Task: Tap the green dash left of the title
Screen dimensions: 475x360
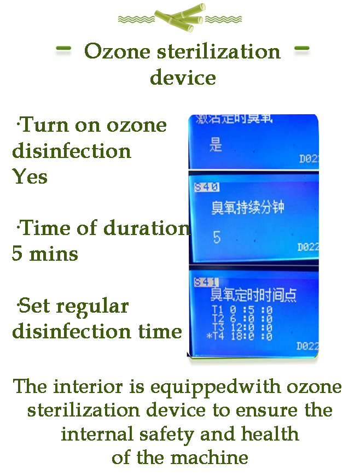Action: click(64, 50)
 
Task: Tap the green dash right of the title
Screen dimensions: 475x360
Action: click(301, 50)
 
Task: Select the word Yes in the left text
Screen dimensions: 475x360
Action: click(30, 177)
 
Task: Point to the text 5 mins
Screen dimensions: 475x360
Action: click(45, 254)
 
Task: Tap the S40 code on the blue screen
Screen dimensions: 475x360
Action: click(206, 187)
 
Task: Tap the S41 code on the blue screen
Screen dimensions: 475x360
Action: click(206, 282)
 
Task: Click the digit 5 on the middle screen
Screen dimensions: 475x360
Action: click(217, 238)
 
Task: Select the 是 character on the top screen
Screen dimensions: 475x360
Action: click(217, 145)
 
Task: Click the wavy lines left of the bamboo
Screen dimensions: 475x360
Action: click(136, 19)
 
